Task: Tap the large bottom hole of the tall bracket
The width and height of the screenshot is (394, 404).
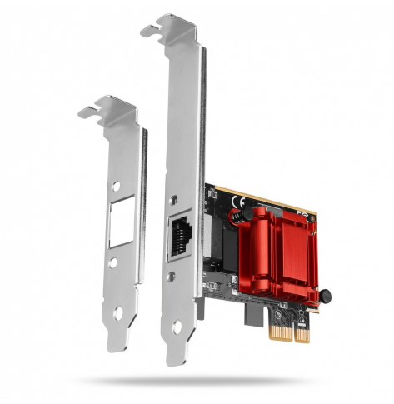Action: pos(176,328)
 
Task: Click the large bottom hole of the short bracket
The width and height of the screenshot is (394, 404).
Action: pos(118,313)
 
